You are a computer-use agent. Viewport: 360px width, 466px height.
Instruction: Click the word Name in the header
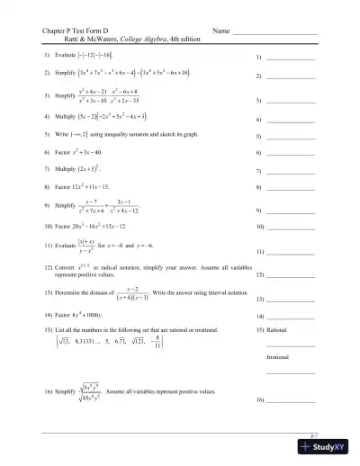click(x=221, y=31)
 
